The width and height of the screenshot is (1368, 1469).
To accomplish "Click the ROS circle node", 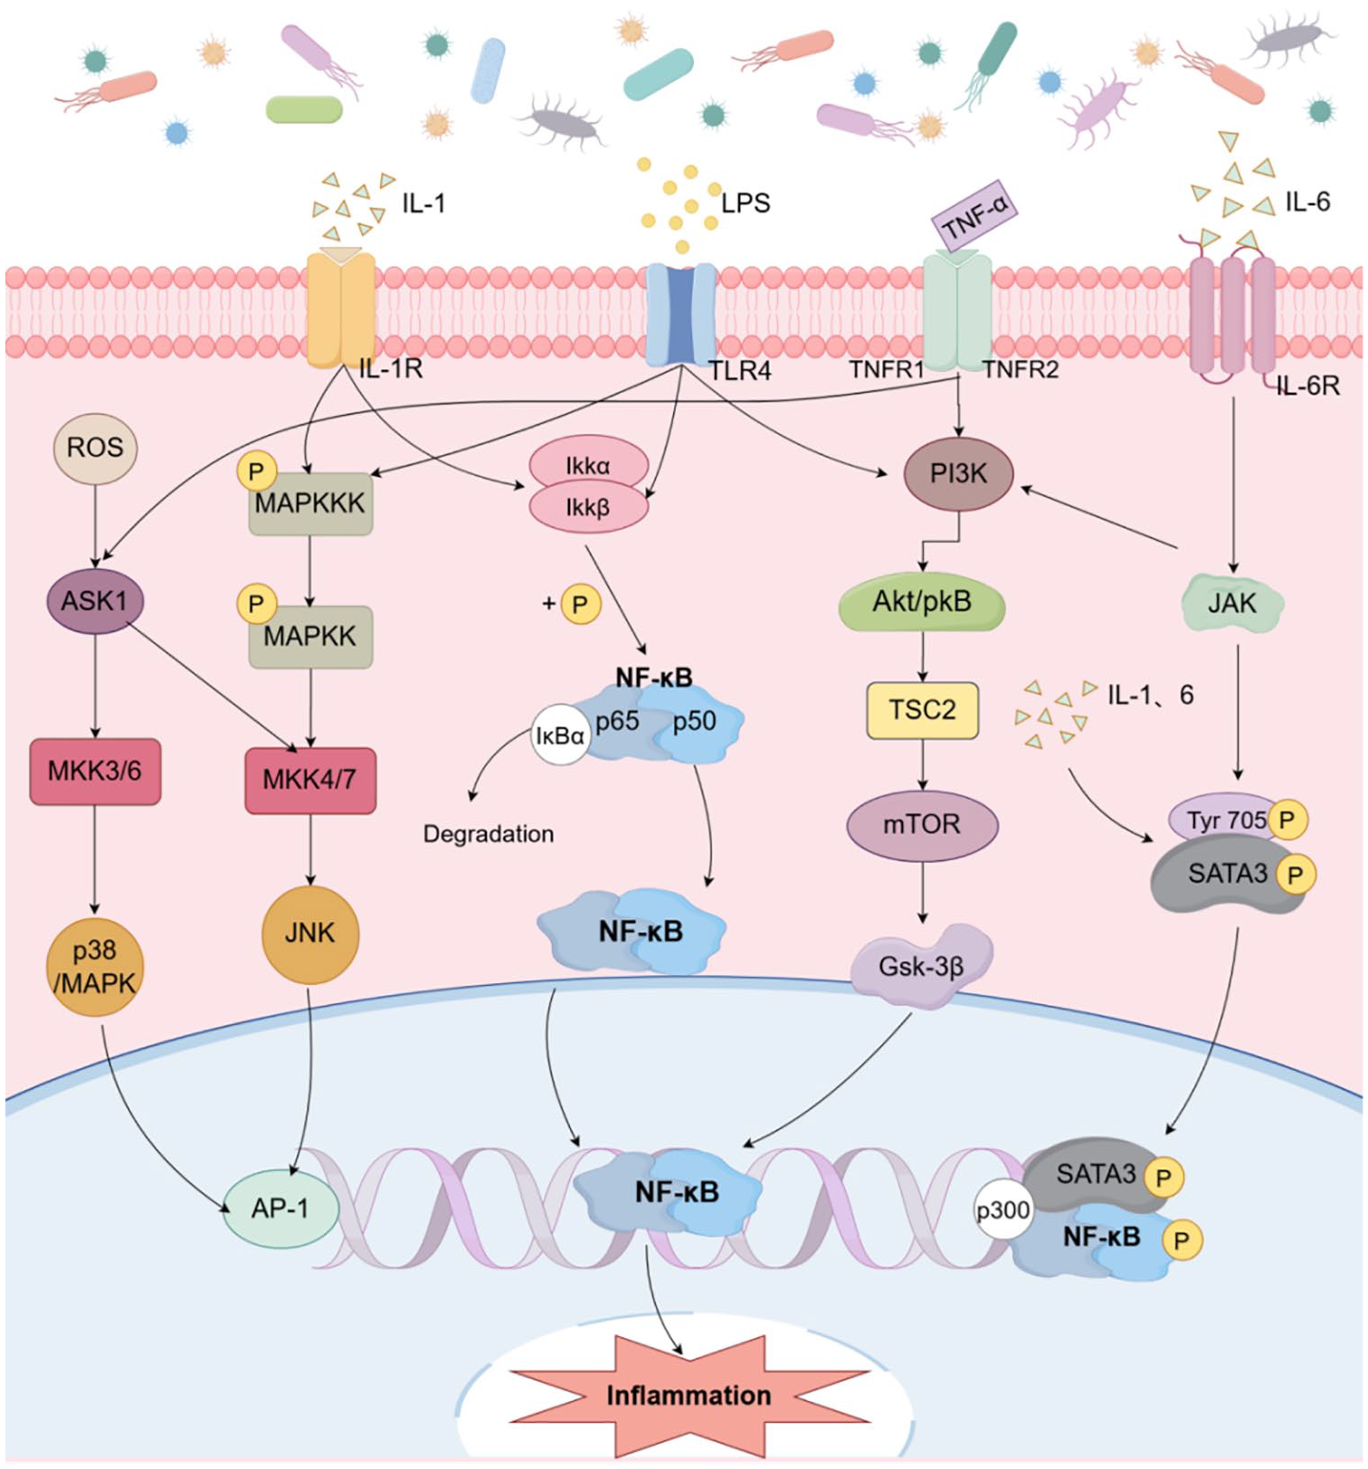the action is coord(95,447).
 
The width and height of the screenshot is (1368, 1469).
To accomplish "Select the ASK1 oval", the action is coord(95,601).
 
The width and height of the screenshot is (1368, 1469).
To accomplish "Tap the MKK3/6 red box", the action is coord(95,772).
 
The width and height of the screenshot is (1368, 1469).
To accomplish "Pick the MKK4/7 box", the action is coord(310,780).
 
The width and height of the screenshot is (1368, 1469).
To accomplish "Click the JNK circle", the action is coord(310,934).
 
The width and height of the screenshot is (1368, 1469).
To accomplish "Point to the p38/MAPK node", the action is coord(95,966).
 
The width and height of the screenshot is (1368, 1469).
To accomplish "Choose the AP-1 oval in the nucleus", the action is coord(280,1208).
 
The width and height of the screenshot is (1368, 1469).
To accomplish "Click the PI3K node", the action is coord(958,473).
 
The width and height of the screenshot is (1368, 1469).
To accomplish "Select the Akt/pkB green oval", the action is coord(922,602).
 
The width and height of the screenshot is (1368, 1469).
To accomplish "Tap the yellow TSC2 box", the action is coord(922,710).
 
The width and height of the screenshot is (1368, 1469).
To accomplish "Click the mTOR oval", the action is coord(922,825).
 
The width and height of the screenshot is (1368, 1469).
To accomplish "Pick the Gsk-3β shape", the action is coord(921,966).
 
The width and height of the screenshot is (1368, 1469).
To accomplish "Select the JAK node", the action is coord(1232,603).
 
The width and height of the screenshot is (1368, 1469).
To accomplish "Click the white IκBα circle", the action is coord(560,734).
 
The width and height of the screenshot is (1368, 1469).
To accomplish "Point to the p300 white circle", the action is coord(1002,1209).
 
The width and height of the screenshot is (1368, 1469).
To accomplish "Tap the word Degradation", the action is coord(489,834).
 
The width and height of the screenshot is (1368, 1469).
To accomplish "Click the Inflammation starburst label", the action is coord(689,1396).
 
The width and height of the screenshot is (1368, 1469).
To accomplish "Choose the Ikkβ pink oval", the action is coord(588,508).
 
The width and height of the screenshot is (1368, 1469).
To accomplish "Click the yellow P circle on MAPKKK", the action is coord(257,472).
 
